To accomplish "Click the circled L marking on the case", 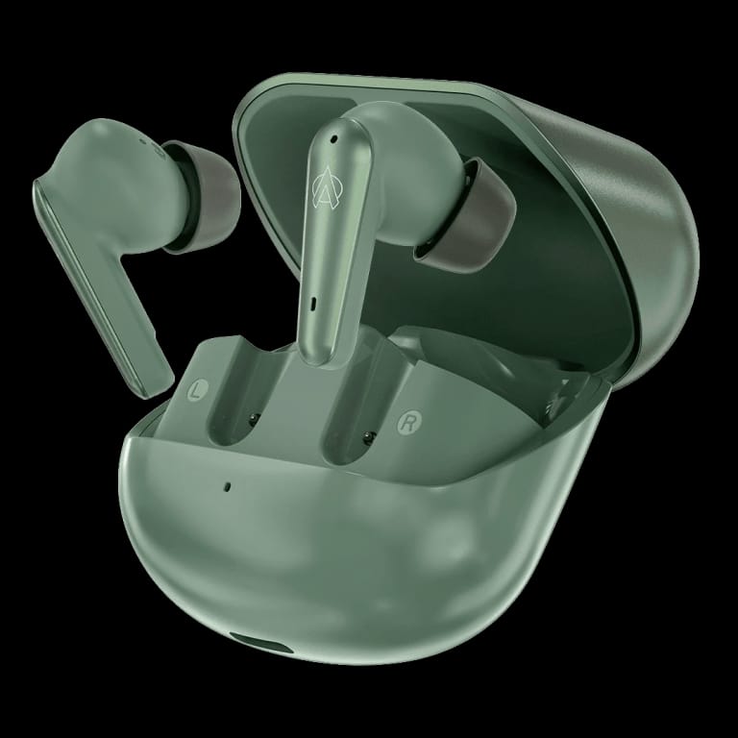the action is [197, 390].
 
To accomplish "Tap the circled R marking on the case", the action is [408, 423].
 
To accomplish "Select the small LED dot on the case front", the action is [228, 486].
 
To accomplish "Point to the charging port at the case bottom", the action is [261, 643].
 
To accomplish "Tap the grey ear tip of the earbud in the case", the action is [466, 214].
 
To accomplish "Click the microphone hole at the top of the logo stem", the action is [333, 138].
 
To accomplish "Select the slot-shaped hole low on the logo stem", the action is [313, 304].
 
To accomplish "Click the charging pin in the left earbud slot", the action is [254, 418].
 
